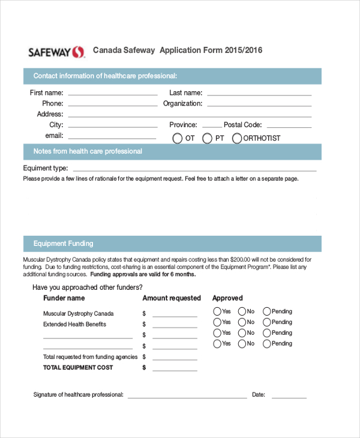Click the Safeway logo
click(57, 52)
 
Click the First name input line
click(112, 94)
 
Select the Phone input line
click(112, 105)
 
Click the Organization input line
click(259, 105)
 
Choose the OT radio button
click(178, 138)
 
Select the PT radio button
click(208, 138)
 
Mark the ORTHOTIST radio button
click(237, 138)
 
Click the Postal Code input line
click(289, 127)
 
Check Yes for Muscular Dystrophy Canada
click(217, 311)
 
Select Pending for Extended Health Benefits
click(267, 322)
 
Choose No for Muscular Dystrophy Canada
click(242, 311)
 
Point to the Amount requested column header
click(172, 298)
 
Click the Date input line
click(289, 397)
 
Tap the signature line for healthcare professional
click(187, 397)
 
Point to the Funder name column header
click(64, 298)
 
